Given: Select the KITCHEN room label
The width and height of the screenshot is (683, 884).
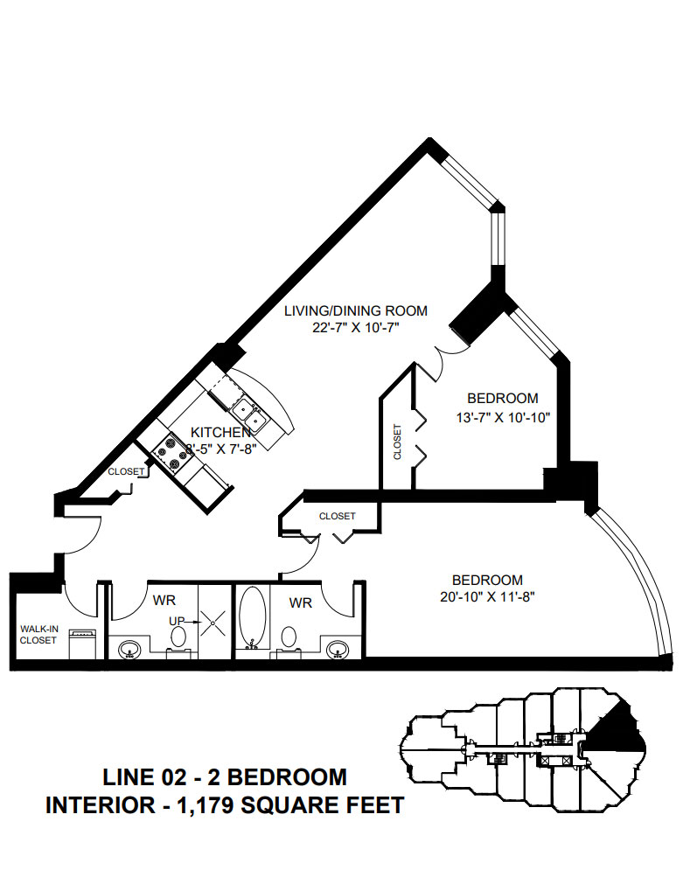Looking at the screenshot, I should click(221, 432).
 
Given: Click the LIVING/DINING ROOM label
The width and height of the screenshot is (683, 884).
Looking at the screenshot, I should click(356, 310).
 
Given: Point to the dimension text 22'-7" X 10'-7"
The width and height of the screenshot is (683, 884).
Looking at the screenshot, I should click(356, 328).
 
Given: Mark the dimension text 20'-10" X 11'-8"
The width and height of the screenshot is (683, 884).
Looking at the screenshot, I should click(487, 598).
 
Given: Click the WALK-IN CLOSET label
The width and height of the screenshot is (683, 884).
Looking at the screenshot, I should click(39, 634).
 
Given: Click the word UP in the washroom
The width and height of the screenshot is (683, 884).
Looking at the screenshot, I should click(178, 622).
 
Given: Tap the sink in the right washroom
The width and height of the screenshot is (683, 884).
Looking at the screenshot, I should click(338, 650).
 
